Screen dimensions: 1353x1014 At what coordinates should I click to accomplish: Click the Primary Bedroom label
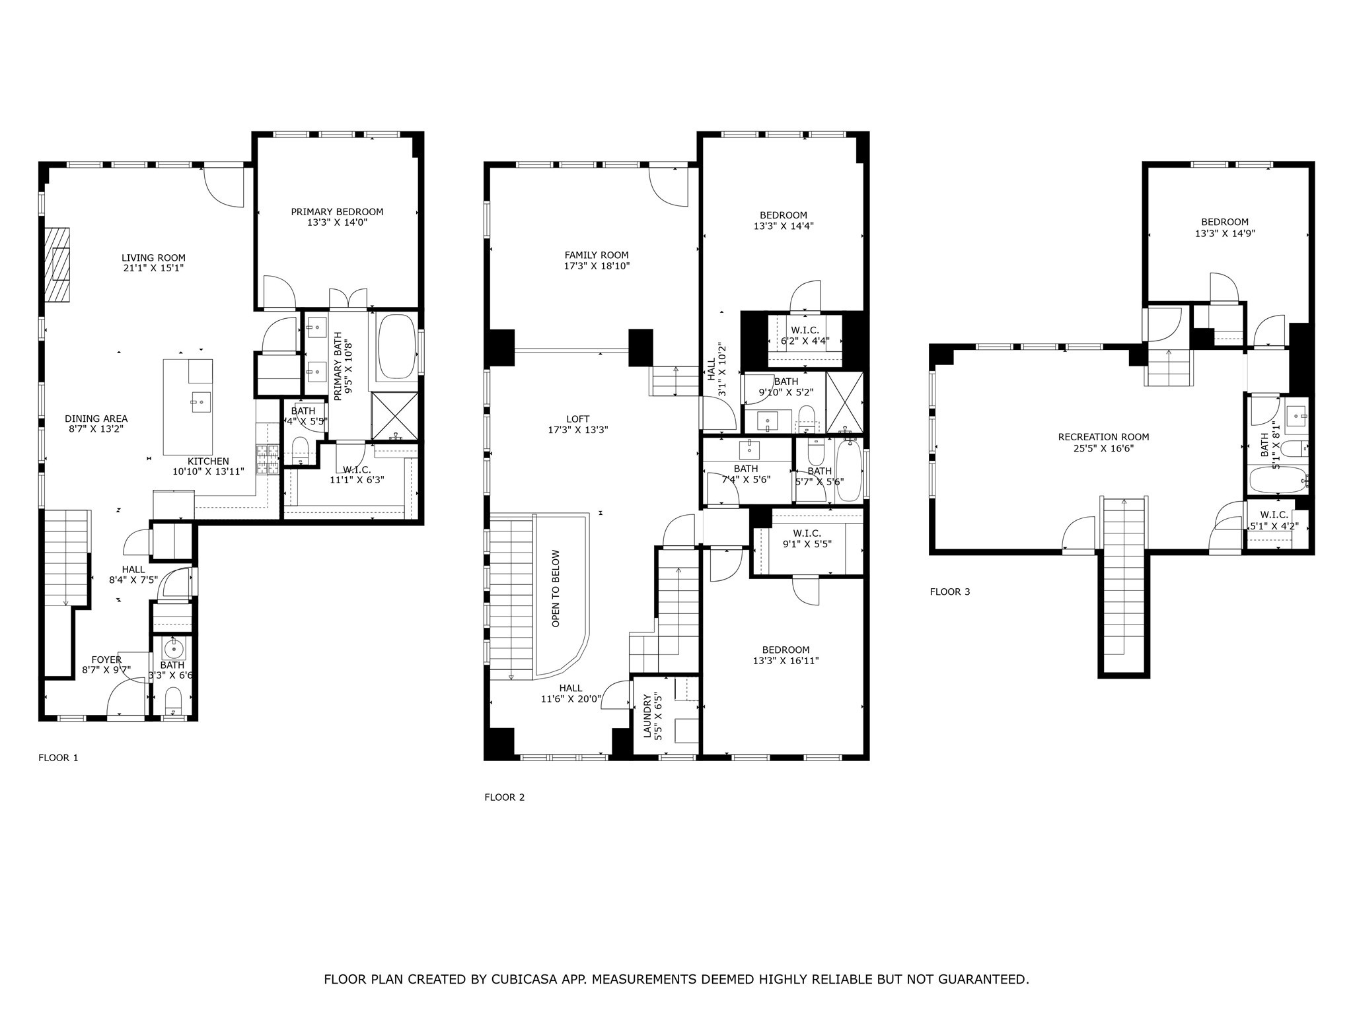pos(337,212)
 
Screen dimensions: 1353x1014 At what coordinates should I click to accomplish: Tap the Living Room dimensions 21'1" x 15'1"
pos(153,269)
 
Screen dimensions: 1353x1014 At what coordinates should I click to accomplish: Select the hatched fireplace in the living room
pos(57,264)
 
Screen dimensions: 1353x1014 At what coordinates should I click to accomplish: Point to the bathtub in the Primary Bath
pos(396,346)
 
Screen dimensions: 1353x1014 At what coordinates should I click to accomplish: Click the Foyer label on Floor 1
pos(106,659)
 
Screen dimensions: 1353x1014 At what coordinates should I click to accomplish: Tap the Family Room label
pos(596,255)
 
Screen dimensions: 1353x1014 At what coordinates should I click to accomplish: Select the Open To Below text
pos(556,589)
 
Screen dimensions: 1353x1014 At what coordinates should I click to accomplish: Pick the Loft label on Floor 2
pos(578,419)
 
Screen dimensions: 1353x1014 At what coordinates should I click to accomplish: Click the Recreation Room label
pos(1103,437)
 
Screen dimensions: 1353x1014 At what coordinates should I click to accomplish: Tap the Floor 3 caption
pos(950,591)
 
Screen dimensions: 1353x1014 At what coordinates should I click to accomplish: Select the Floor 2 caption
pos(504,797)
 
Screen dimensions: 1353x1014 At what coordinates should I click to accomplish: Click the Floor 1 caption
pos(58,757)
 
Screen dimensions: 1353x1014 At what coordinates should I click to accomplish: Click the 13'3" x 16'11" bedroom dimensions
pos(786,661)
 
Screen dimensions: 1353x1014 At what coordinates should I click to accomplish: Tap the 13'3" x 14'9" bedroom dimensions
pos(1225,233)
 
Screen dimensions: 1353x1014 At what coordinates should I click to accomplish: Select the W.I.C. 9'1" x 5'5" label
pos(807,539)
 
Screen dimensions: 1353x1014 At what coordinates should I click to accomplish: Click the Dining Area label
pos(96,419)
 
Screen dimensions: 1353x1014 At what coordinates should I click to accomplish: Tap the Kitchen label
pos(208,461)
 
